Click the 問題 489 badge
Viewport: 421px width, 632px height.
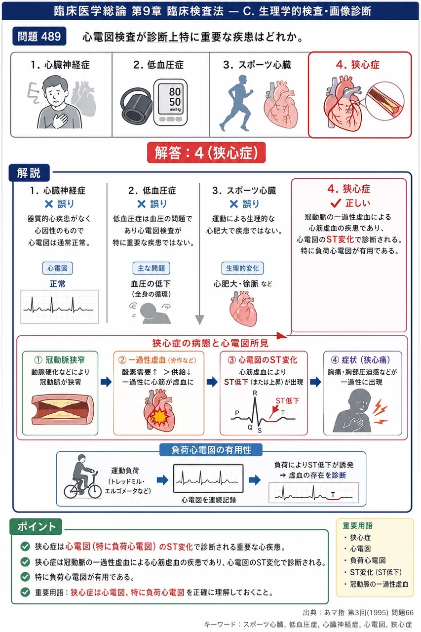(39, 36)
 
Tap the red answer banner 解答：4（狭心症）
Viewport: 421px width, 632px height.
(206, 153)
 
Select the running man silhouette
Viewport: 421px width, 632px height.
(236, 103)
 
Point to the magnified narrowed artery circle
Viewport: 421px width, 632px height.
(384, 101)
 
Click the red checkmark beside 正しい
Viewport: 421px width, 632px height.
(336, 203)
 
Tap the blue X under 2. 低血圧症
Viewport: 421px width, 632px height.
(141, 204)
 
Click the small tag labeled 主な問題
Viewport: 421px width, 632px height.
(151, 268)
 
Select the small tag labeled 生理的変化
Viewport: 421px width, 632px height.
(242, 268)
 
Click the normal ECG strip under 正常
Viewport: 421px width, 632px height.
(60, 307)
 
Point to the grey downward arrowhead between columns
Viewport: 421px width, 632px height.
(199, 320)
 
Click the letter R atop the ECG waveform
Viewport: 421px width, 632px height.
(255, 393)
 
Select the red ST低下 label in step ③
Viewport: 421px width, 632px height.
(287, 400)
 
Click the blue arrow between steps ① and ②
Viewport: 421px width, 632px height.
(106, 382)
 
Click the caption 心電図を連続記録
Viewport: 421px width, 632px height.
(209, 500)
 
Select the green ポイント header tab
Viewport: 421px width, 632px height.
(36, 527)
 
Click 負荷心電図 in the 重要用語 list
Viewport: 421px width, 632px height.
(368, 560)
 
